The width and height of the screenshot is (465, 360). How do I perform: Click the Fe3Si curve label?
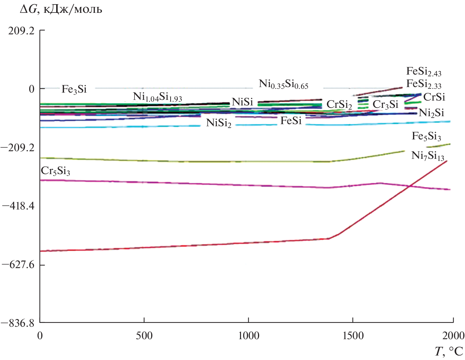coord(74,89)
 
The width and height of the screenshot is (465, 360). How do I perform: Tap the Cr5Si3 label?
coord(55,171)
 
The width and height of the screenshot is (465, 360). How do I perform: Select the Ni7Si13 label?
coord(428,156)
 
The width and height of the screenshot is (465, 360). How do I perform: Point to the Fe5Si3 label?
coord(426,136)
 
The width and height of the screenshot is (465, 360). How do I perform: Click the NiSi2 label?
coord(218,123)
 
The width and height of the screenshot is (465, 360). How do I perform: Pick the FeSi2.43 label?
coord(424,72)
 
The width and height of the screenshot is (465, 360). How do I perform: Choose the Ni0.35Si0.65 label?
coord(283,84)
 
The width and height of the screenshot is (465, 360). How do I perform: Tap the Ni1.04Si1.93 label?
coord(157,97)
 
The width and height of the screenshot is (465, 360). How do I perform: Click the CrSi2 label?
coord(339,105)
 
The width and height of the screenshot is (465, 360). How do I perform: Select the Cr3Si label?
coord(385,104)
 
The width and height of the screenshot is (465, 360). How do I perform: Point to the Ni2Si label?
coord(431,113)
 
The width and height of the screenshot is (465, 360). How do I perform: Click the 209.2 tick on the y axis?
coord(21,31)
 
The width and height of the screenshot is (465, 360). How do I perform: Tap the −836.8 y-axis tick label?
coord(18,323)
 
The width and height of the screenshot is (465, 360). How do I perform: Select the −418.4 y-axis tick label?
coord(18,206)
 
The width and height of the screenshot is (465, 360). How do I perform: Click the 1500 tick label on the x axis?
coord(353,336)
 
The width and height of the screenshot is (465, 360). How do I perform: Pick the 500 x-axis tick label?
coord(144,336)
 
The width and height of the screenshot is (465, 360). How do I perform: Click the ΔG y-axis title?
coord(60,9)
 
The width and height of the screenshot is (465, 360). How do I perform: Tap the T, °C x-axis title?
coord(449,352)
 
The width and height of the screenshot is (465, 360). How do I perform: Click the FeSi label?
coord(291,121)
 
